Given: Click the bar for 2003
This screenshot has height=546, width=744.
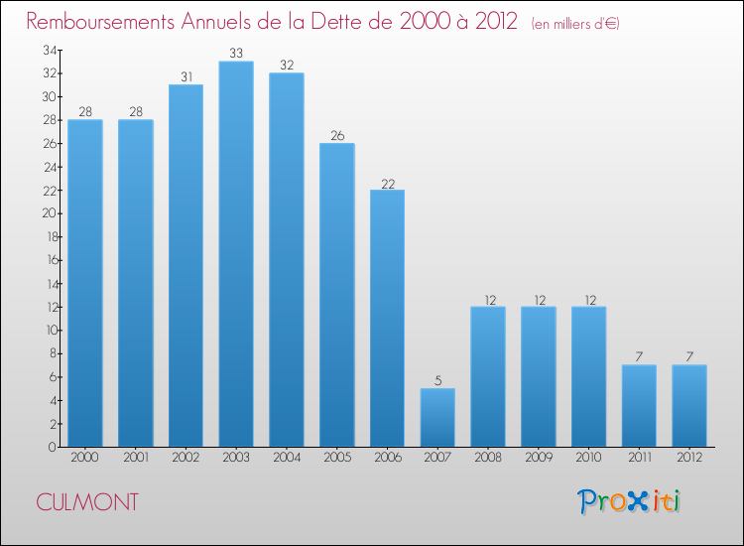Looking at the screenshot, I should click(x=236, y=254).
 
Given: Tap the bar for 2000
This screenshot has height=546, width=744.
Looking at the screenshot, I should click(x=85, y=283).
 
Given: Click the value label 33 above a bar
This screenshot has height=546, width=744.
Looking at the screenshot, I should click(x=236, y=54).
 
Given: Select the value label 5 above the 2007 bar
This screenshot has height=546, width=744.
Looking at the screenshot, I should click(x=437, y=380).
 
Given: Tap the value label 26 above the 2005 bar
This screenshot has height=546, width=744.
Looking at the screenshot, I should click(x=337, y=135).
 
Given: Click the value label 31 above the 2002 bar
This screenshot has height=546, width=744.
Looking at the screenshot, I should click(x=186, y=76).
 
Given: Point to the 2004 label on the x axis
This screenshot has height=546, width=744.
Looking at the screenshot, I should click(x=287, y=460).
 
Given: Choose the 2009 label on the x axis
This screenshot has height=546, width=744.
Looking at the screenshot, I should click(x=539, y=460).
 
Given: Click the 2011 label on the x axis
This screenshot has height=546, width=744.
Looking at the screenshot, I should click(x=639, y=460).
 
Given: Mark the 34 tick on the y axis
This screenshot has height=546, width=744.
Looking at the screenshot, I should click(x=49, y=50).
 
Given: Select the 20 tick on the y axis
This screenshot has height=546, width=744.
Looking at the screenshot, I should click(x=49, y=213).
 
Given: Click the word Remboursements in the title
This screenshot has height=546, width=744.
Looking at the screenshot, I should click(x=104, y=22).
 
